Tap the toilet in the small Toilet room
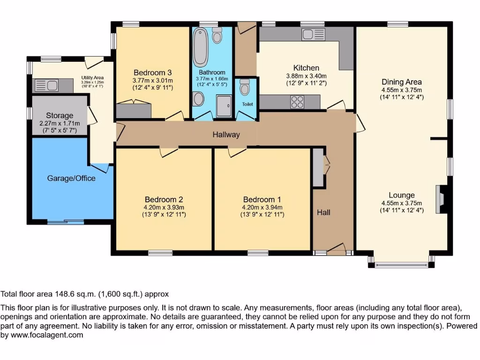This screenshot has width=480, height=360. [245, 88]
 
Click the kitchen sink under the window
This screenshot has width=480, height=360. [310, 34]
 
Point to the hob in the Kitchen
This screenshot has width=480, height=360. [297, 101]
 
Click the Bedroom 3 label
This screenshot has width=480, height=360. [152, 73]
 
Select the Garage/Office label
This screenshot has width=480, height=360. [71, 178]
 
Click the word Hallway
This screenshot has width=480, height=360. [226, 135]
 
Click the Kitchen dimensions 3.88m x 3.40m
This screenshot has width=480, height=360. [306, 76]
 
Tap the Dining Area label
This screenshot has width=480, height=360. [401, 82]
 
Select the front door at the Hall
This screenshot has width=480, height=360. [336, 250]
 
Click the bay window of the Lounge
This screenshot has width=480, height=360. [401, 265]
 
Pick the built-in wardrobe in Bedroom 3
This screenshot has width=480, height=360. [134, 111]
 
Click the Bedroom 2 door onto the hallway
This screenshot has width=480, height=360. [169, 151]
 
